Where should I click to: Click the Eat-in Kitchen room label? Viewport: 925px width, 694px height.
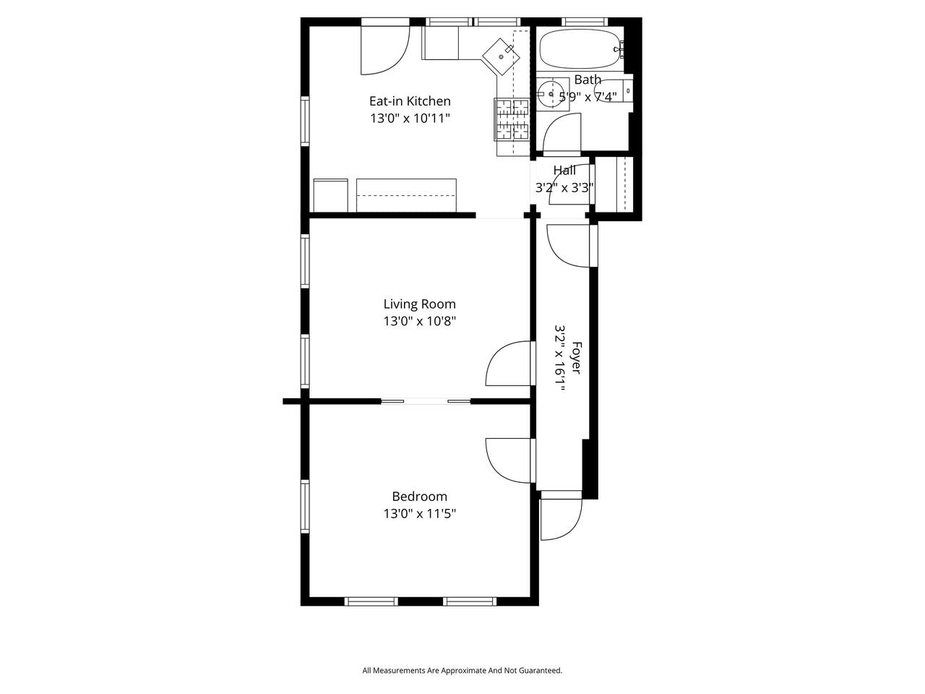pos(410,101)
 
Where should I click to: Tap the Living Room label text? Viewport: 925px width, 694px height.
pos(419,304)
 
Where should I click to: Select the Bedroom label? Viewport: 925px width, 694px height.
pos(419,497)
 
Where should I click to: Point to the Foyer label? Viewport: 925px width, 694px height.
pos(576,358)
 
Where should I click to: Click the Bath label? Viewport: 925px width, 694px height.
pos(588,80)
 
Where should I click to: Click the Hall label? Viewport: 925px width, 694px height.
pos(564,170)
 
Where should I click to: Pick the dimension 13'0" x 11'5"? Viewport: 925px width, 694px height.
pos(419,514)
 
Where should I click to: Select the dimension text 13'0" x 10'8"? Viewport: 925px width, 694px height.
pos(419,321)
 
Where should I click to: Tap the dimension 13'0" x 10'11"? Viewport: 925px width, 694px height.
pos(410,119)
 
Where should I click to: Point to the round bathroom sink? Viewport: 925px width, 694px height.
pos(551,94)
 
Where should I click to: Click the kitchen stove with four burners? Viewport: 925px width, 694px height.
pos(512,119)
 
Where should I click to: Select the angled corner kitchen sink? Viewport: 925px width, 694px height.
pos(501,56)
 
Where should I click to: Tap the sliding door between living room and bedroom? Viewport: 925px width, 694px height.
pos(426,401)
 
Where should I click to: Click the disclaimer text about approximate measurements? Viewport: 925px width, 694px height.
pos(462,670)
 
